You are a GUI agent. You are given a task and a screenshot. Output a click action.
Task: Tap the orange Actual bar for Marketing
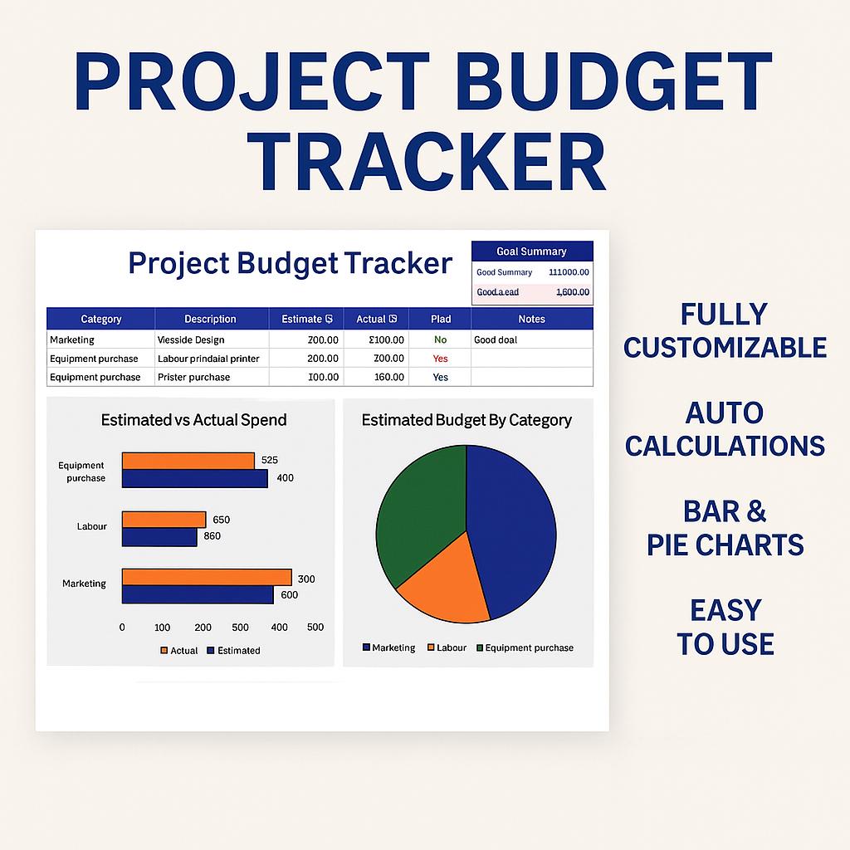(207, 578)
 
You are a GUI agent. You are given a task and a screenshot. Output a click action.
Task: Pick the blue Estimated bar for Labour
(159, 537)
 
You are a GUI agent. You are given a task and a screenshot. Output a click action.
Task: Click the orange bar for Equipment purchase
(188, 461)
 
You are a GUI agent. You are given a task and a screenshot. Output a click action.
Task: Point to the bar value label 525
(269, 460)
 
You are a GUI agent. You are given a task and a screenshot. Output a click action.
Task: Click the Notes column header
(531, 319)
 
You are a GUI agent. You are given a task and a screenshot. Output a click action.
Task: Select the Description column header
(210, 319)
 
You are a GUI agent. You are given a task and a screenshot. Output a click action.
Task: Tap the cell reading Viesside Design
(191, 340)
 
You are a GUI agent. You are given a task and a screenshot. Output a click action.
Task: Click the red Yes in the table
(440, 359)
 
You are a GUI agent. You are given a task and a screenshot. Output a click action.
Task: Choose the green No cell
(440, 340)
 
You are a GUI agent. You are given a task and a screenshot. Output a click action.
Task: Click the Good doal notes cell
(496, 340)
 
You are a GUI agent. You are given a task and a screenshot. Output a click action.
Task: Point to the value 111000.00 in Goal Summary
(569, 272)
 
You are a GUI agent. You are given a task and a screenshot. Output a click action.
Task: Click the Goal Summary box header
(531, 252)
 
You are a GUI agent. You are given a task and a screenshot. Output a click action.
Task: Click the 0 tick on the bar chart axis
(122, 628)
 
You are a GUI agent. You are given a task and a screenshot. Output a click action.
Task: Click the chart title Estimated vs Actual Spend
(193, 420)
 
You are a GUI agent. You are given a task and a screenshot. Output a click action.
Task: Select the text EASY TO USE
(725, 628)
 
